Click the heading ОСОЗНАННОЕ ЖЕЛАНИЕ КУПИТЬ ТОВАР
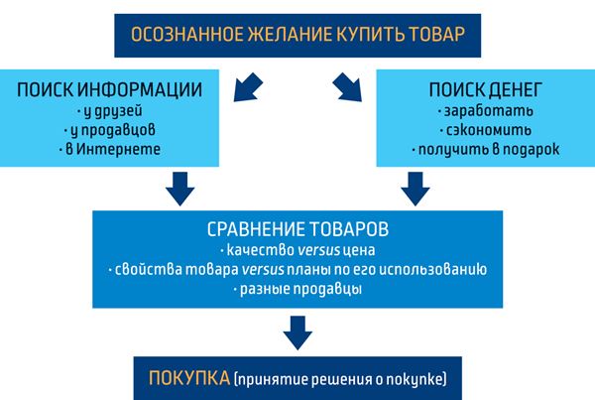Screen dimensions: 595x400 (297, 34)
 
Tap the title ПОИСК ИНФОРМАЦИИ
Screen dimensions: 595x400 (109, 90)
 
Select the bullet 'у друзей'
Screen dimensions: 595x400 (109, 111)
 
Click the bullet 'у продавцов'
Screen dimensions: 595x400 (109, 130)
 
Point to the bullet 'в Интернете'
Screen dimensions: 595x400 (109, 149)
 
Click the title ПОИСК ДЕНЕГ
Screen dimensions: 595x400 (485, 90)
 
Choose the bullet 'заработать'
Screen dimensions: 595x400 (485, 111)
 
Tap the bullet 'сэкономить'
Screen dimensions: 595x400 (485, 130)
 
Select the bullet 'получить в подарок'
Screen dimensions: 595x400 (485, 150)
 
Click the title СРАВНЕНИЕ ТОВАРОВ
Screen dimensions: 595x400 (297, 229)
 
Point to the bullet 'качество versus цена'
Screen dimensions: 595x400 (297, 250)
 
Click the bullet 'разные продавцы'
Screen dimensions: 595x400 (297, 290)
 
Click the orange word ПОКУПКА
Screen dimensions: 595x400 (189, 378)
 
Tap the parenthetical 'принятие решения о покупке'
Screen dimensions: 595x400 (340, 379)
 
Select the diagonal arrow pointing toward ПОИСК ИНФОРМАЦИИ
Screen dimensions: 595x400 (248, 87)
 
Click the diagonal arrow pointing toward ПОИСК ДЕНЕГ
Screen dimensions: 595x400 (347, 87)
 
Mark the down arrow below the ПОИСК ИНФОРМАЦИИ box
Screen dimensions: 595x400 (179, 189)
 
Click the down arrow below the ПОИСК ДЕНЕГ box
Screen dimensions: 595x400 (416, 189)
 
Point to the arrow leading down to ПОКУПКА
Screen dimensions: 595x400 (297, 333)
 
